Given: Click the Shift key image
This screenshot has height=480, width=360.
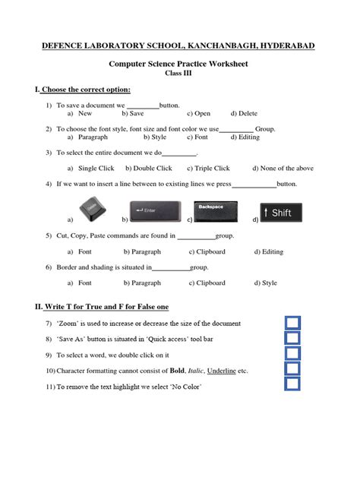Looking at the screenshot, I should [x=281, y=212].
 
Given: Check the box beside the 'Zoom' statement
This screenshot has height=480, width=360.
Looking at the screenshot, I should [x=292, y=323].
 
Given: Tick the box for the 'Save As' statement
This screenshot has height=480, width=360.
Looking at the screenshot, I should [x=292, y=339].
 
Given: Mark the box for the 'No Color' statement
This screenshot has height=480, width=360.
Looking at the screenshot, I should [x=292, y=384].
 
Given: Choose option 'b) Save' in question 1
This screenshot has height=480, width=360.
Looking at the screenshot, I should [x=132, y=113].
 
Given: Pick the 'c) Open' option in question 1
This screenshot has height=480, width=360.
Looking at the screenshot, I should [x=198, y=113].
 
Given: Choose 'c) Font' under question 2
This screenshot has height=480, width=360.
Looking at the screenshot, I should [x=197, y=137].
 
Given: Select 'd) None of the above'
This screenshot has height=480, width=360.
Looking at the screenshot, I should [x=283, y=169].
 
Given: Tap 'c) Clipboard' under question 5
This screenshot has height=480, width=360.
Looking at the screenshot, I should [x=206, y=251].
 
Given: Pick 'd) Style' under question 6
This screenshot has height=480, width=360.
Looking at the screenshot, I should [x=265, y=283].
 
